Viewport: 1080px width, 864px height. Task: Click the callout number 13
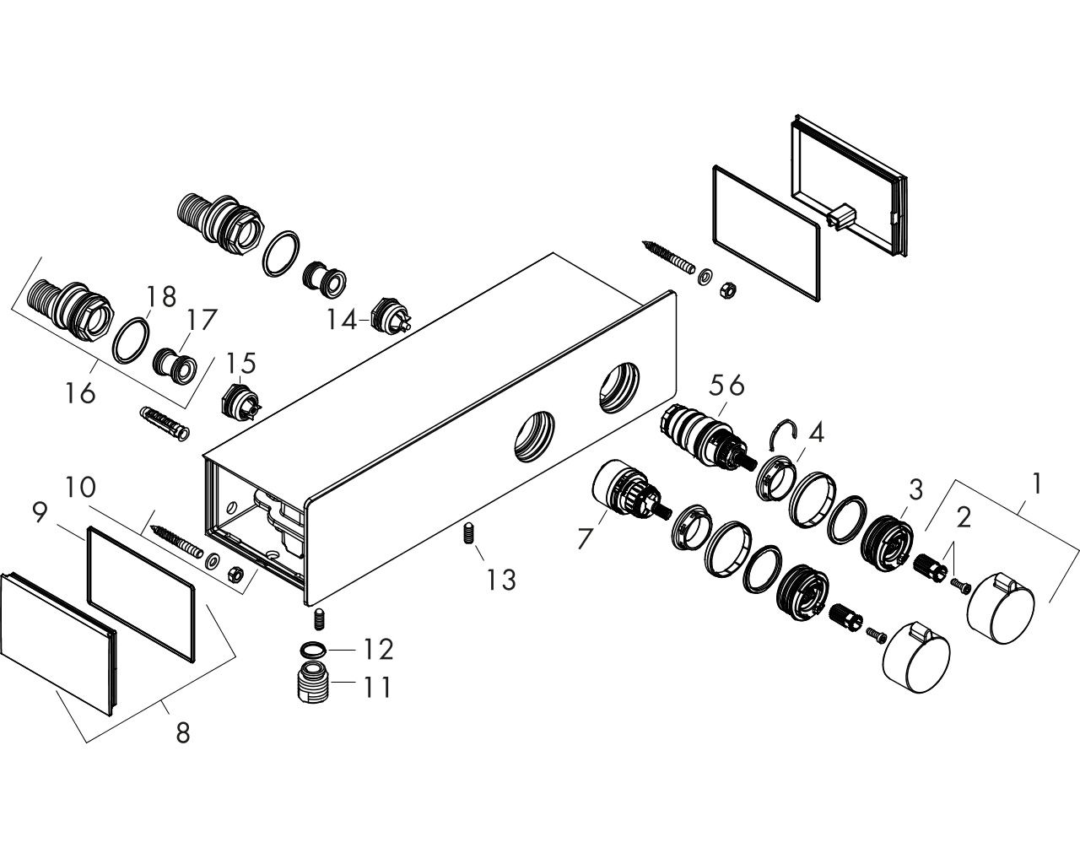[500, 580]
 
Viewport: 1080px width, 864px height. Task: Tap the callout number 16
[80, 392]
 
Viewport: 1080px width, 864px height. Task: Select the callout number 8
[182, 732]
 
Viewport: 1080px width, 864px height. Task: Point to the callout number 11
[377, 687]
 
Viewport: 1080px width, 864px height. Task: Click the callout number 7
[586, 538]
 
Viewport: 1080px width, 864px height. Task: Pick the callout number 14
[343, 320]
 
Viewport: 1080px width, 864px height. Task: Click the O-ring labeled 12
[312, 650]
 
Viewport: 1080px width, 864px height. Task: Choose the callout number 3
[915, 489]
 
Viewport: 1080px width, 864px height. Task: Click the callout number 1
[1037, 483]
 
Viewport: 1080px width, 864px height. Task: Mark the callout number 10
[100, 487]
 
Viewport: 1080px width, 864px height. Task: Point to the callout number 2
[963, 516]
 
